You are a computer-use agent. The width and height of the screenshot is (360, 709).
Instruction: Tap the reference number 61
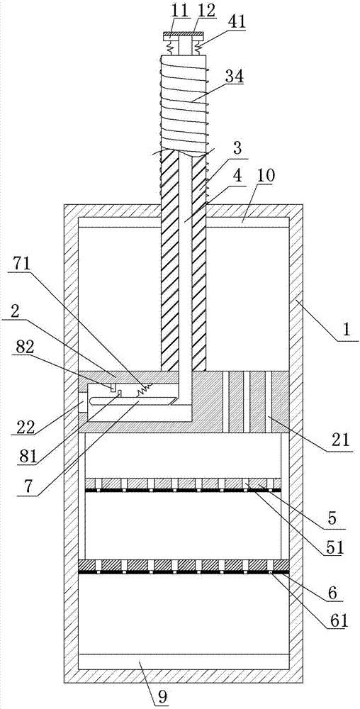(x=338, y=620)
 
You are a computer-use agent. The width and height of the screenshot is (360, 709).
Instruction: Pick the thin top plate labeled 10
(x=184, y=222)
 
